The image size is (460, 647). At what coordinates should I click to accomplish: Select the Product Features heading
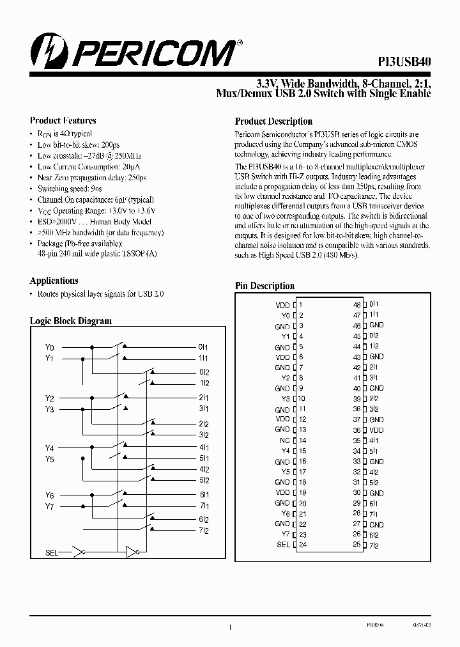pos(63,120)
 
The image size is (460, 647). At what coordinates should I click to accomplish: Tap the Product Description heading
pos(273,121)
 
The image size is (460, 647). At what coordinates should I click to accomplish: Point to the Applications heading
pos(54,281)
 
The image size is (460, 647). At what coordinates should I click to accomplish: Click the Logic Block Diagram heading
pos(71,321)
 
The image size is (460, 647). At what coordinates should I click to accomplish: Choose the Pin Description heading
pos(264,286)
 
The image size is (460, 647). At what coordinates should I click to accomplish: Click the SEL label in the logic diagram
pos(52,552)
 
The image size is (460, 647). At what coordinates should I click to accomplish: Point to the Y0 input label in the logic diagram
pos(49,347)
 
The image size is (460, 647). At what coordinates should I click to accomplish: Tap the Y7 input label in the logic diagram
pos(49,507)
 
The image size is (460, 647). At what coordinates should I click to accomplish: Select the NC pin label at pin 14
pos(285,440)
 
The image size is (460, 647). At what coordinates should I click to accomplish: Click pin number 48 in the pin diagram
pos(356,305)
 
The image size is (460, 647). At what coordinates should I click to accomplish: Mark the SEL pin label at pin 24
pos(283,545)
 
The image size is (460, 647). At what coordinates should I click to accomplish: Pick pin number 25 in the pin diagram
pos(356,545)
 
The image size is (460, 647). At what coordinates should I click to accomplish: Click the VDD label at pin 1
pos(282,305)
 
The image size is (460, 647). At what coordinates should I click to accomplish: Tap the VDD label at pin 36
pos(376,430)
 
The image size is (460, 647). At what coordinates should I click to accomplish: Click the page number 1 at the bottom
pos(229,628)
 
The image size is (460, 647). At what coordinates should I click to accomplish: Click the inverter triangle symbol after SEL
pos(131,552)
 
